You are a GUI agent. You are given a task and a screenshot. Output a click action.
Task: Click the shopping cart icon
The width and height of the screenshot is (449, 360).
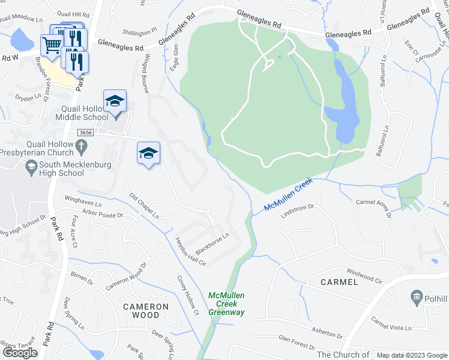click(x=52, y=44)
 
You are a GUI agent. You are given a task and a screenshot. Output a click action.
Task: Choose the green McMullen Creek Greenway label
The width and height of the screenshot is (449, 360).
click(x=226, y=304)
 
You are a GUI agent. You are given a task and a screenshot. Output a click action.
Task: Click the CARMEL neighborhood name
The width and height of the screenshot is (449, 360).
click(x=339, y=281)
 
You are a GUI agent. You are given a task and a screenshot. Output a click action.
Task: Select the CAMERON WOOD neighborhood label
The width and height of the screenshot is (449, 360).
click(x=146, y=311)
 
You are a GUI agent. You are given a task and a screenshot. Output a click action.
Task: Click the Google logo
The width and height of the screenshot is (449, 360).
click(x=20, y=353)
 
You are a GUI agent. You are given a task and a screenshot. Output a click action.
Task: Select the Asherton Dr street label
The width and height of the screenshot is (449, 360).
click(x=327, y=334)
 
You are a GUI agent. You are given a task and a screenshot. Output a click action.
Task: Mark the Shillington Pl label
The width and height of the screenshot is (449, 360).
click(x=139, y=31)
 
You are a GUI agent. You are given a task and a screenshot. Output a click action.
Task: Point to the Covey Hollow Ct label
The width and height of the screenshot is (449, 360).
click(x=187, y=296)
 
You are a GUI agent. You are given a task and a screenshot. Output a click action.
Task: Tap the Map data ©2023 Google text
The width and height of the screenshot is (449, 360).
click(x=412, y=355)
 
